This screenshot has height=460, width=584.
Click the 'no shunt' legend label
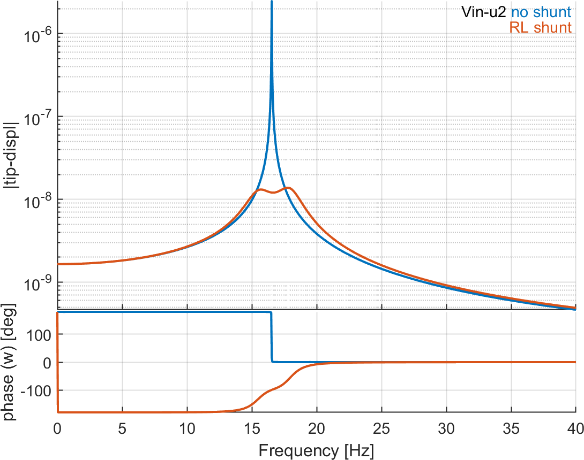point(542,11)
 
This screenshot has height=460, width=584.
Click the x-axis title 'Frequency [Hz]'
point(316,450)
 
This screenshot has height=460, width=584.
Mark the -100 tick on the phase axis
point(39,390)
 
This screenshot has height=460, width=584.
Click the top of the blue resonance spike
point(272,3)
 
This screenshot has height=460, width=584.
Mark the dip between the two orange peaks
point(273,193)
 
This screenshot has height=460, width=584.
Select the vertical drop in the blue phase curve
point(272,337)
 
